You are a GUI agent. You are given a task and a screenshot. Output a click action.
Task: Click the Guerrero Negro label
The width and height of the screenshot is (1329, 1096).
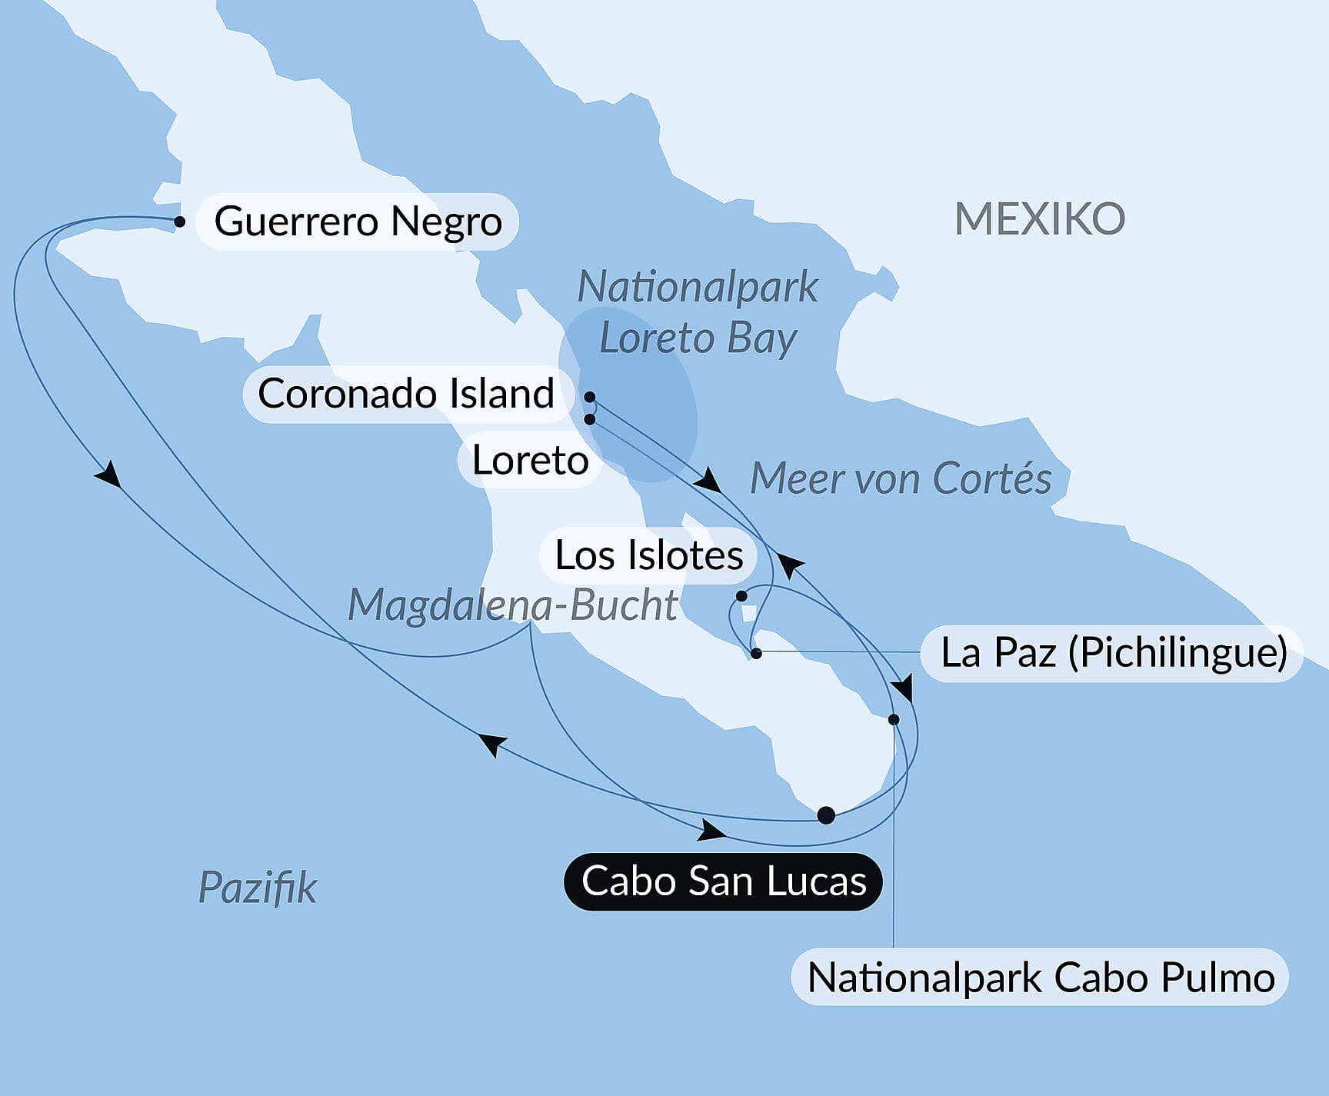click(358, 222)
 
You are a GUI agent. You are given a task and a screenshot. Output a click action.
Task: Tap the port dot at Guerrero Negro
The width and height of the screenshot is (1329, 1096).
click(179, 222)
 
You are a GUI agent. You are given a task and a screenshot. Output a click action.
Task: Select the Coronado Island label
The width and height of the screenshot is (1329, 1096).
click(406, 394)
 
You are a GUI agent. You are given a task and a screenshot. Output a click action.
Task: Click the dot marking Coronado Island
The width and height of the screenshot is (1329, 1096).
click(590, 397)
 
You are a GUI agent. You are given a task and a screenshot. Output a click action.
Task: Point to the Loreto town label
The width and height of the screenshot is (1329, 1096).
click(530, 460)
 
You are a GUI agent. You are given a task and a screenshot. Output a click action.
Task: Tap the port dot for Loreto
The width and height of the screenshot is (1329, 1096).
click(590, 419)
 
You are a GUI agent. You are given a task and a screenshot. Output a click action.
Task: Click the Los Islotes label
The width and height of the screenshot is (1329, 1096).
click(648, 555)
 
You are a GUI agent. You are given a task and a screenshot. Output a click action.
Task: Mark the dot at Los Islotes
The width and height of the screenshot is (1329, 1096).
click(741, 596)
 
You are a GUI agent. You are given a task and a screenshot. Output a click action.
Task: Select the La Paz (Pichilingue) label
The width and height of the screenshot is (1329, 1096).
click(1114, 653)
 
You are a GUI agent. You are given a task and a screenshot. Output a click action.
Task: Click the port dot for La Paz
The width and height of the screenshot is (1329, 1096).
click(756, 654)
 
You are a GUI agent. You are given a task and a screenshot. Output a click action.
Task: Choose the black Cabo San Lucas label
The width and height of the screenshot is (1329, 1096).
click(724, 881)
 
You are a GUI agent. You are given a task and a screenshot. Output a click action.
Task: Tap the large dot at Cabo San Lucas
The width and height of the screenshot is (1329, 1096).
click(826, 815)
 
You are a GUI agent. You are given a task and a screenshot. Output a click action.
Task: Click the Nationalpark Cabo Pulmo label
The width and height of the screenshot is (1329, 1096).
click(1041, 978)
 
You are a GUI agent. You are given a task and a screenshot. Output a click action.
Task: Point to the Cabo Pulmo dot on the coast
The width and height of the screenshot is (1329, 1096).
click(894, 720)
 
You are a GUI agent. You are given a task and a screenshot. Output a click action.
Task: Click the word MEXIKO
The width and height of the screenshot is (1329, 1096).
click(1040, 219)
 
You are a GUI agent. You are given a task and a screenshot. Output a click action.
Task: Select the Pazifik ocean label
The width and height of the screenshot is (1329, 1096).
click(258, 888)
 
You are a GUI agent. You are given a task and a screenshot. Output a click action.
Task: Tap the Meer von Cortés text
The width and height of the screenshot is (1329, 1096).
click(901, 478)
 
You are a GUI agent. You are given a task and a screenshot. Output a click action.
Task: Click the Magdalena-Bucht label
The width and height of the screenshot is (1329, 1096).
click(513, 605)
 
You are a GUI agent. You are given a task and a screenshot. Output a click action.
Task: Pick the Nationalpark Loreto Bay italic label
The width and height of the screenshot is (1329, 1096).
click(698, 312)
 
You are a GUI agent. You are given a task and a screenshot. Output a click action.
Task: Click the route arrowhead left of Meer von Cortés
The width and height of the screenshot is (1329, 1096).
click(708, 482)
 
